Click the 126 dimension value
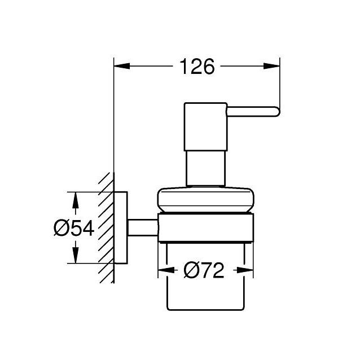(x=197, y=67)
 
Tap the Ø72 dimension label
(x=204, y=271)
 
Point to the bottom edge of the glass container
(x=205, y=309)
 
